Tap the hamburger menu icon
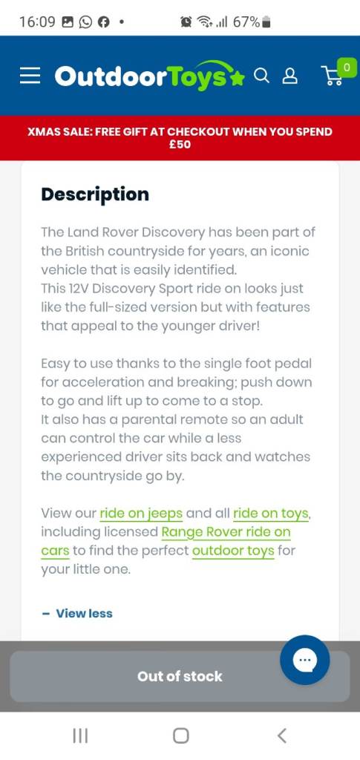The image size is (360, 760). pyautogui.click(x=30, y=76)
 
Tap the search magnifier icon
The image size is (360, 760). pyautogui.click(x=261, y=76)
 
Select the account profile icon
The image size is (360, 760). pyautogui.click(x=290, y=76)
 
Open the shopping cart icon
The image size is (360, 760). pyautogui.click(x=331, y=76)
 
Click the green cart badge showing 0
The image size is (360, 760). pyautogui.click(x=346, y=68)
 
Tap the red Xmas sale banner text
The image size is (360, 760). pyautogui.click(x=180, y=138)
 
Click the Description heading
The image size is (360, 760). pyautogui.click(x=95, y=194)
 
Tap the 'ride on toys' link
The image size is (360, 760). pyautogui.click(x=271, y=513)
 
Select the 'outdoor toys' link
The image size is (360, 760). pyautogui.click(x=233, y=551)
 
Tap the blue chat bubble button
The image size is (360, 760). pyautogui.click(x=304, y=660)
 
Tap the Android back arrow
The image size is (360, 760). pyautogui.click(x=281, y=736)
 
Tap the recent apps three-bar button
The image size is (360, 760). pyautogui.click(x=80, y=736)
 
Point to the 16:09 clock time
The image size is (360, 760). pyautogui.click(x=37, y=22)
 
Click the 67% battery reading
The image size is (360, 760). pyautogui.click(x=246, y=22)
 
